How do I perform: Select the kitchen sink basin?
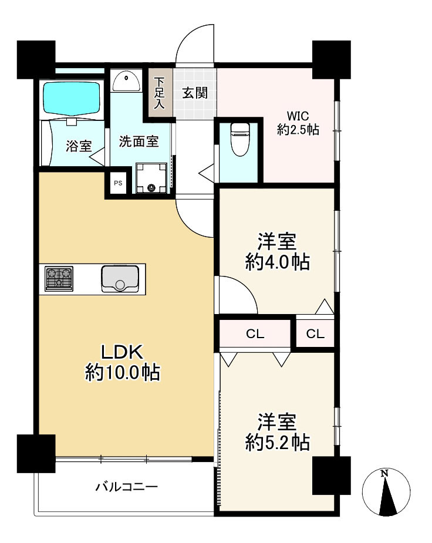click(x=120, y=278)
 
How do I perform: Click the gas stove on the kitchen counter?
click(x=59, y=278)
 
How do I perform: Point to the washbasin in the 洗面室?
click(x=126, y=82)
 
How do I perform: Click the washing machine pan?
click(x=151, y=178)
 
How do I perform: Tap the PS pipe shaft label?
click(x=118, y=183)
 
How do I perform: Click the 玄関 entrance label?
click(x=195, y=93)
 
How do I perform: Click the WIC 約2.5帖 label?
click(x=298, y=123)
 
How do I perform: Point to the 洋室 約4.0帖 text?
click(x=277, y=252)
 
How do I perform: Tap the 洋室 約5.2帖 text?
click(x=277, y=432)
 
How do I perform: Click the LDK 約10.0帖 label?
click(x=122, y=363)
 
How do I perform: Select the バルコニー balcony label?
click(x=127, y=487)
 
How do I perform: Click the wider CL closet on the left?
click(x=255, y=333)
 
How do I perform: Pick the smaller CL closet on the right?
click(x=315, y=333)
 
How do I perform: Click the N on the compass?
click(x=384, y=473)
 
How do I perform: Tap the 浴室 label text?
click(x=79, y=146)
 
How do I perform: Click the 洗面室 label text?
click(x=139, y=141)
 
